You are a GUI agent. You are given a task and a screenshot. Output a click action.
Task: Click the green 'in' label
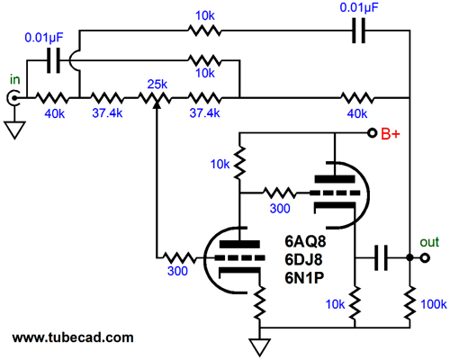pyautogui.click(x=15, y=80)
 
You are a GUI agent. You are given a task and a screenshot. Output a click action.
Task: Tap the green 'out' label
pyautogui.click(x=429, y=242)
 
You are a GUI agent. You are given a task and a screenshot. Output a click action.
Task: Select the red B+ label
pyautogui.click(x=391, y=134)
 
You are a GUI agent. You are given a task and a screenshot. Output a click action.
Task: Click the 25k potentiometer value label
pyautogui.click(x=157, y=85)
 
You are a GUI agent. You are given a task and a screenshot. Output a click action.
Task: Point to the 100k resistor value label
pyautogui.click(x=434, y=304)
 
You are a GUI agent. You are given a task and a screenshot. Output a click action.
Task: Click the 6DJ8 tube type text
pyautogui.click(x=303, y=260)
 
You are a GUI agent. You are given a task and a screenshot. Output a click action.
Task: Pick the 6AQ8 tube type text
pyautogui.click(x=305, y=241)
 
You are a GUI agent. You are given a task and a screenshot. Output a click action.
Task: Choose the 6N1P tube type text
pyautogui.click(x=304, y=278)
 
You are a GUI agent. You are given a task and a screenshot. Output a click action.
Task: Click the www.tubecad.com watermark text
pyautogui.click(x=73, y=337)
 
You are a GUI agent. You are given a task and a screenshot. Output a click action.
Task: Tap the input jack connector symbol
pyautogui.click(x=13, y=98)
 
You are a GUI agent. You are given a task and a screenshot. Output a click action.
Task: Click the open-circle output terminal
pyautogui.click(x=425, y=257)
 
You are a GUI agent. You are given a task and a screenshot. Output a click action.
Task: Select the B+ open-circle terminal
pyautogui.click(x=373, y=133)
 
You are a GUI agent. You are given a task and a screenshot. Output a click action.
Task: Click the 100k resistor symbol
pyautogui.click(x=409, y=302)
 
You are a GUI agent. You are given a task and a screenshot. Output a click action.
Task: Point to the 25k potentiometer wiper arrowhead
pyautogui.click(x=157, y=105)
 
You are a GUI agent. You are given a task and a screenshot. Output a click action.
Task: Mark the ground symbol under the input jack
pyautogui.click(x=14, y=130)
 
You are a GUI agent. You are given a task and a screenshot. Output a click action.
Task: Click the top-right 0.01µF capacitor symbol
pyautogui.click(x=358, y=31)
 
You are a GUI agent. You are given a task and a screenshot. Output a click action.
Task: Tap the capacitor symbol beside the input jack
pyautogui.click(x=54, y=60)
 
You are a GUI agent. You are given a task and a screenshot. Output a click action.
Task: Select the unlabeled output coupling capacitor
pyautogui.click(x=381, y=257)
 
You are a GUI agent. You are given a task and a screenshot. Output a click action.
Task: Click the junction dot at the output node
pyautogui.click(x=409, y=257)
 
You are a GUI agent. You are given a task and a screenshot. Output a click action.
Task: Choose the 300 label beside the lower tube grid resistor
pyautogui.click(x=177, y=271)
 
